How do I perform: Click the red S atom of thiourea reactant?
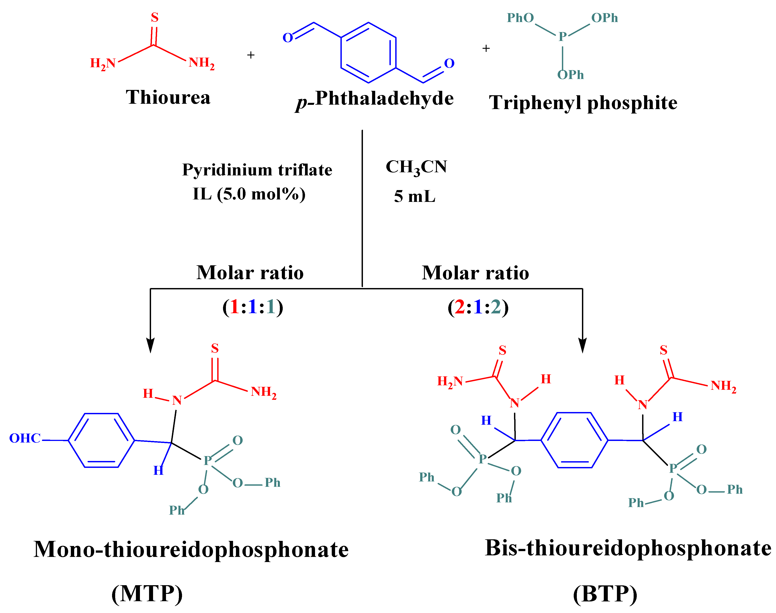click(154, 17)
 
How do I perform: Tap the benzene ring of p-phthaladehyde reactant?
click(368, 53)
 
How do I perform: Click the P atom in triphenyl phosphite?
click(562, 36)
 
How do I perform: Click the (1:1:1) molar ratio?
click(253, 307)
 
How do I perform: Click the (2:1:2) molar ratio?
click(478, 307)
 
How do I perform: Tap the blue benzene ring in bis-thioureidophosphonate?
click(574, 440)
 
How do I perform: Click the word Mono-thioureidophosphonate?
click(191, 550)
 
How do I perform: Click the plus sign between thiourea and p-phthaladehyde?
click(251, 55)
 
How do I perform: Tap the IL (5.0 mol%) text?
click(249, 194)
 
